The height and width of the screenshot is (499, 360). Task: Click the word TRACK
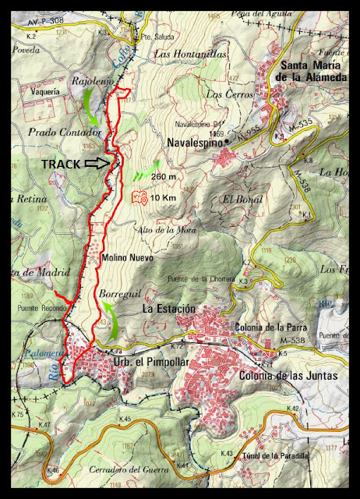[60, 165]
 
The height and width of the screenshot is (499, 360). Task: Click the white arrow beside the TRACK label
[97, 164]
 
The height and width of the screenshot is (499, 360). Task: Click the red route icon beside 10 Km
[140, 199]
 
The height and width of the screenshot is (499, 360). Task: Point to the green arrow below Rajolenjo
[90, 106]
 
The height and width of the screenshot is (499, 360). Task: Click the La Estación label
[169, 309]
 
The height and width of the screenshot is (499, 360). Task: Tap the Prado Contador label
[53, 133]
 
